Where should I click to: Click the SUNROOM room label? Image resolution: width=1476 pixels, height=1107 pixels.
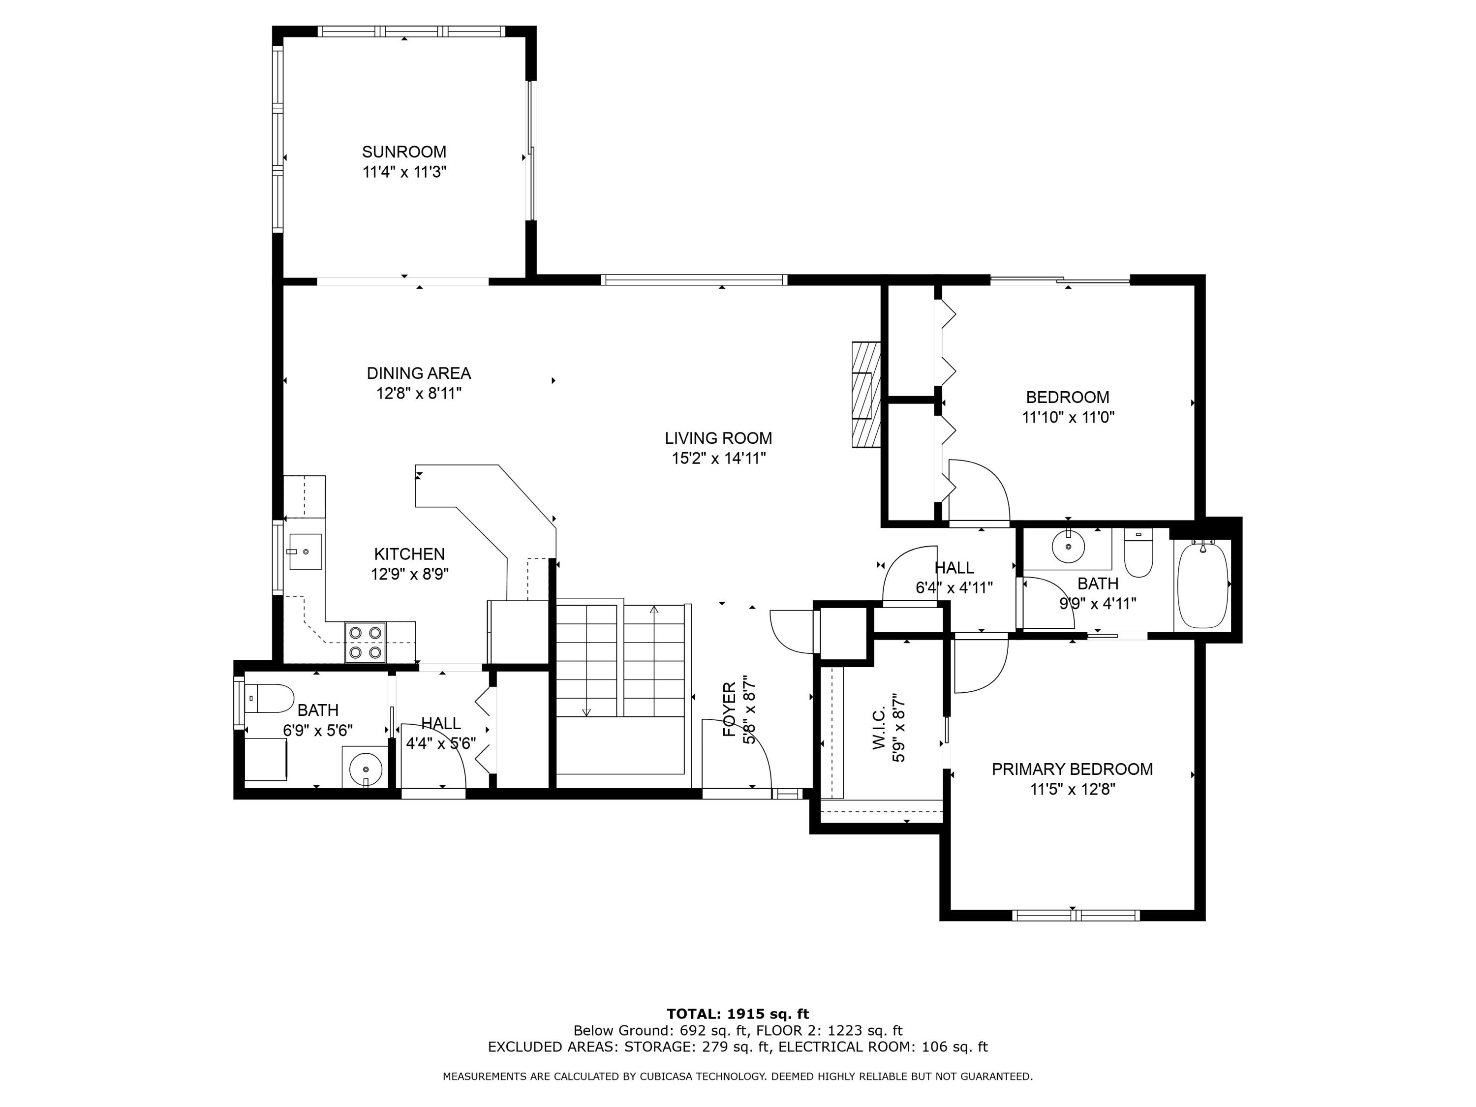click(x=404, y=152)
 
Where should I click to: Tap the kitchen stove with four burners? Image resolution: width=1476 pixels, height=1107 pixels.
click(x=365, y=642)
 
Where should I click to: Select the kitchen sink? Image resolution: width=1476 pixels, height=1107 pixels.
click(x=306, y=551)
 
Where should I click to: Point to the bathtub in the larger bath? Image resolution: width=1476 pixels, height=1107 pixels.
click(x=1202, y=585)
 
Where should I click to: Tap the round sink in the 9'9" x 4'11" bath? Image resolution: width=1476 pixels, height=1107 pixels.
click(x=1068, y=547)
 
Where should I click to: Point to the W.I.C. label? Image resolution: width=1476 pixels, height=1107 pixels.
click(x=880, y=729)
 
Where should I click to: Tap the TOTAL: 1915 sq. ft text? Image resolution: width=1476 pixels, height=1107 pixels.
click(x=738, y=1014)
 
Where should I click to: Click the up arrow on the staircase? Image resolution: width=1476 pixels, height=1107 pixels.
click(x=654, y=609)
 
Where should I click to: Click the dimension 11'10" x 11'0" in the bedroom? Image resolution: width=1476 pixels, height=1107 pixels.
click(x=1068, y=418)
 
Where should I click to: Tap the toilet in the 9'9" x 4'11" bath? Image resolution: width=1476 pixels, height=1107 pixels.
click(x=1138, y=554)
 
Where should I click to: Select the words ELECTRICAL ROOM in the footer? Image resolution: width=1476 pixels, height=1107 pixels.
click(x=843, y=1046)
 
